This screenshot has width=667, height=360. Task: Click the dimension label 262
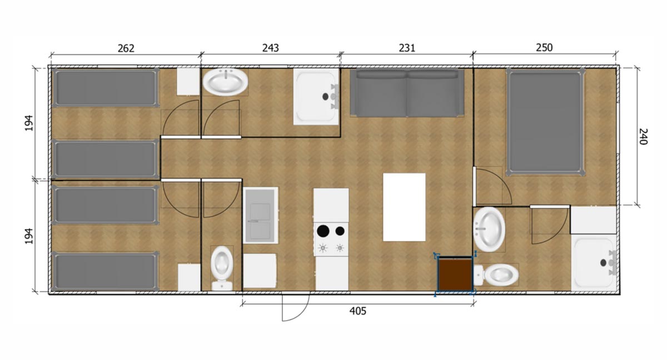pyautogui.click(x=126, y=48)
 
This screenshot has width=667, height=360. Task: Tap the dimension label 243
pyautogui.click(x=270, y=48)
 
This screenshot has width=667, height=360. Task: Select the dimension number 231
pyautogui.click(x=407, y=48)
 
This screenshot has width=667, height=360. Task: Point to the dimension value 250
pyautogui.click(x=544, y=48)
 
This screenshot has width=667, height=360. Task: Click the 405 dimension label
pyautogui.click(x=357, y=311)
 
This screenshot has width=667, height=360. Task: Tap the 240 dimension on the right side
pyautogui.click(x=643, y=137)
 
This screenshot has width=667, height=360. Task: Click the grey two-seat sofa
pyautogui.click(x=407, y=92)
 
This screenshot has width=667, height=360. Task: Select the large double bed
pyautogui.click(x=545, y=121)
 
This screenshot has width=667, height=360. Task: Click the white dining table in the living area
pyautogui.click(x=404, y=207)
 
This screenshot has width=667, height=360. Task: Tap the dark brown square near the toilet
pyautogui.click(x=455, y=274)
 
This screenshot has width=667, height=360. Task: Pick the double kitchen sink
pyautogui.click(x=261, y=214)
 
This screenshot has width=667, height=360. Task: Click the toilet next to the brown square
pyautogui.click(x=498, y=274)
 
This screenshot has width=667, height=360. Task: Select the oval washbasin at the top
pyautogui.click(x=225, y=83)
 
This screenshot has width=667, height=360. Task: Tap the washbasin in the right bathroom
pyautogui.click(x=490, y=228)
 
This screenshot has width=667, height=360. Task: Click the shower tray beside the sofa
pyautogui.click(x=316, y=97)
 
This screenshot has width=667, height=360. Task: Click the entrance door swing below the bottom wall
pyautogui.click(x=295, y=307)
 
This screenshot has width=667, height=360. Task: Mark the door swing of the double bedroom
pyautogui.click(x=493, y=186)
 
